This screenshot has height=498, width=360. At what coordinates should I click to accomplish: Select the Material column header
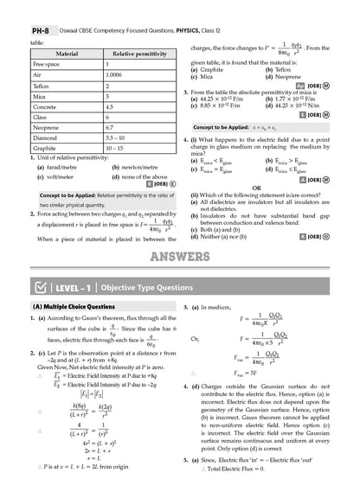(67, 54)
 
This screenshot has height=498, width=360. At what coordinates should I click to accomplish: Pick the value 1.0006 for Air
(115, 76)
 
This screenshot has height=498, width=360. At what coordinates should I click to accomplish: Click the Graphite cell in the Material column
(46, 149)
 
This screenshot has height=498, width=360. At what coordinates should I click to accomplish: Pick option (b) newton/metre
(135, 167)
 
